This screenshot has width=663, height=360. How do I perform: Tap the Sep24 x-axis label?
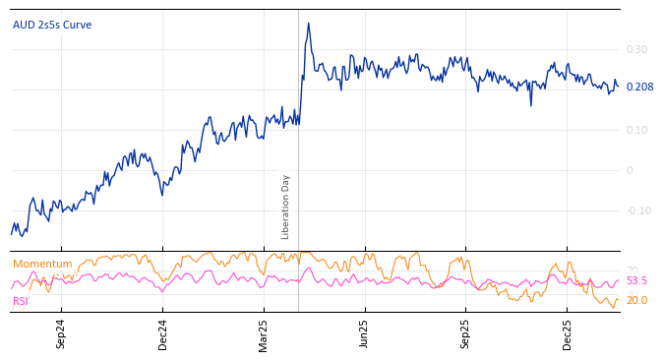pos(61,334)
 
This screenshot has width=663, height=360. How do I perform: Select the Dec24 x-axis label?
pos(163,334)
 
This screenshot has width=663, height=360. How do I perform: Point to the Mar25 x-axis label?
pos(264,334)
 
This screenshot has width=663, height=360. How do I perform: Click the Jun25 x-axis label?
pos(364,334)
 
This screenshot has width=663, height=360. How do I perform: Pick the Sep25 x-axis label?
pos(465,334)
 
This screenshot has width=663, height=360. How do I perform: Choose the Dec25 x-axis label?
pos(568,334)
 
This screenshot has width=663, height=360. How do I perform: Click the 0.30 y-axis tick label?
pos(636,49)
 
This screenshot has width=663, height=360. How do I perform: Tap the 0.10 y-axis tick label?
pos(636,130)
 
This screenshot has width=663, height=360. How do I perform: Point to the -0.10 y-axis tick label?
pos(638,210)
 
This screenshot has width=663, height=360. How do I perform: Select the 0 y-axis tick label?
pos(630,170)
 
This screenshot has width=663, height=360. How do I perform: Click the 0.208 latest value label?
pos(639,88)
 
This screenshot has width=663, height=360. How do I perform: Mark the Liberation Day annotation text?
pos(286,207)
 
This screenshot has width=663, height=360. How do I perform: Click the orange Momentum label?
pos(42,264)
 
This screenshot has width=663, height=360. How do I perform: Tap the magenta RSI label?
pos(21,301)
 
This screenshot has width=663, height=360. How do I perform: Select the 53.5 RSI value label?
pos(636,281)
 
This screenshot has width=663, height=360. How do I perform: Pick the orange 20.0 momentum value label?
pos(636,301)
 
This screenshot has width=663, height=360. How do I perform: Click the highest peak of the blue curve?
pos(308,24)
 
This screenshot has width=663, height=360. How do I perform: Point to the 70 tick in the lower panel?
pos(632,270)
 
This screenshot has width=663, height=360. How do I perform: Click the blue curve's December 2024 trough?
pos(162,195)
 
